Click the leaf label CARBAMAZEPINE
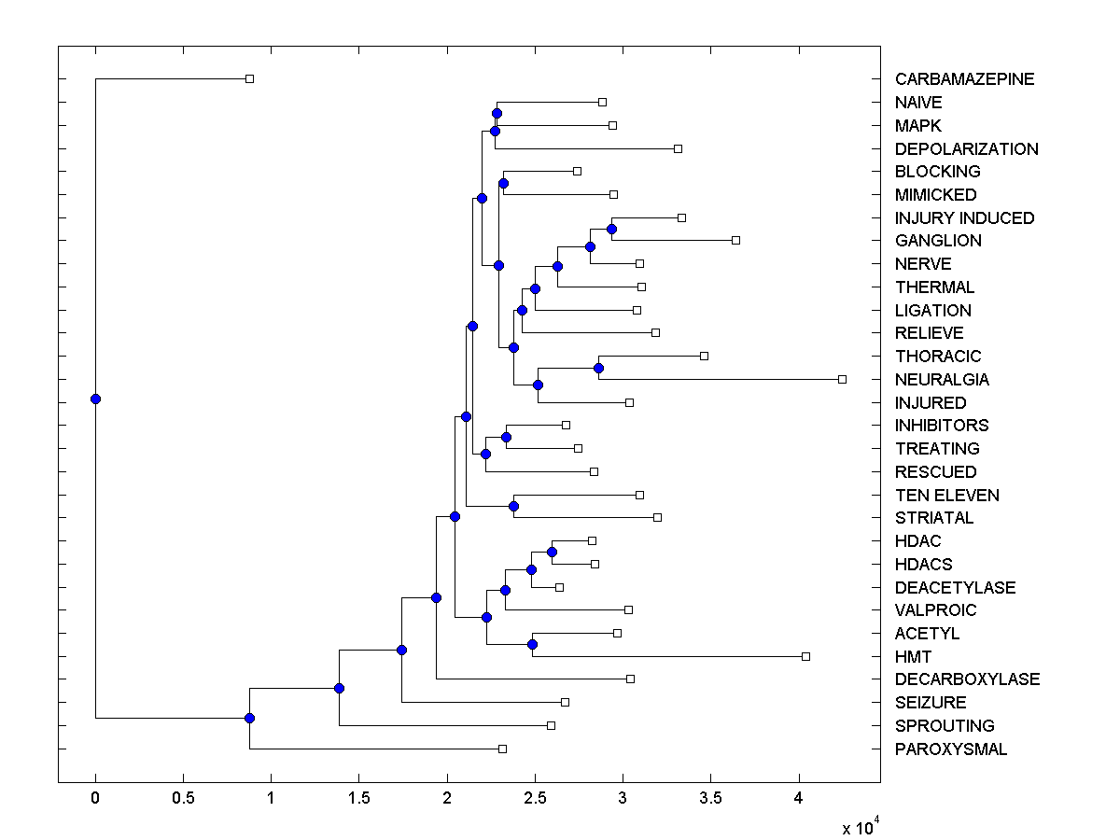[964, 79]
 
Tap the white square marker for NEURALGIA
[842, 379]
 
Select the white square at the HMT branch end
[805, 656]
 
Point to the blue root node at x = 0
[95, 399]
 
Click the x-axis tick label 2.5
[535, 799]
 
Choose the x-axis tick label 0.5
[183, 799]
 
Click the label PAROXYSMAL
[951, 749]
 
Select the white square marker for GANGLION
[735, 240]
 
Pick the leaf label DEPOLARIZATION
[966, 149]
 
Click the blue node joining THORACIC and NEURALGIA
[598, 368]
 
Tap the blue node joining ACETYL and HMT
[532, 644]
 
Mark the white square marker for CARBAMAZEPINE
[249, 78]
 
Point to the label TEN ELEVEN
[946, 496]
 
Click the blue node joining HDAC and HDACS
[552, 552]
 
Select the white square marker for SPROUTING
[551, 725]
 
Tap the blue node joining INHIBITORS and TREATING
[506, 437]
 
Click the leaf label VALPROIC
[935, 610]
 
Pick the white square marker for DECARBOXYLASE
[630, 679]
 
